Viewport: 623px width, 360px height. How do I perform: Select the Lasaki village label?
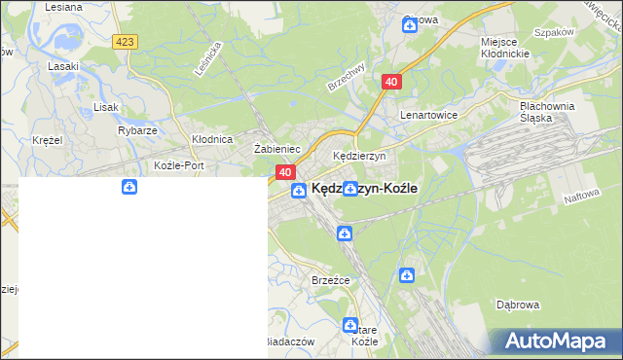tap(63, 66)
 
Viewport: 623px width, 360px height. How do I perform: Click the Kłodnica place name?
tap(211, 139)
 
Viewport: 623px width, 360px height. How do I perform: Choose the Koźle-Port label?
tap(178, 165)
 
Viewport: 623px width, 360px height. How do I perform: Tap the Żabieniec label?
tap(275, 149)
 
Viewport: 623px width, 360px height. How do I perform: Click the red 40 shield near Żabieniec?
tap(285, 172)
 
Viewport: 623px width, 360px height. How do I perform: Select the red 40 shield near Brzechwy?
tap(391, 83)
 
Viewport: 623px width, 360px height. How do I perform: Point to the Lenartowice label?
tap(428, 114)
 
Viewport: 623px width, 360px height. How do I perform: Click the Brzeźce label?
tap(330, 279)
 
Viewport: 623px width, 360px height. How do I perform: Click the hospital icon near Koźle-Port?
tap(128, 187)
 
